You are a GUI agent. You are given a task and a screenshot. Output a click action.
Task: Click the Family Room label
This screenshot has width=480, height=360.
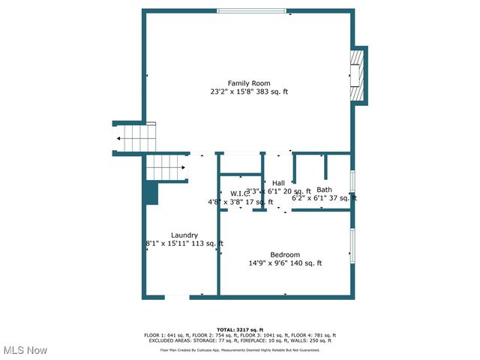(249, 83)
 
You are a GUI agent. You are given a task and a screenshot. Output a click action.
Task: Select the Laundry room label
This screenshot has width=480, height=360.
(184, 235)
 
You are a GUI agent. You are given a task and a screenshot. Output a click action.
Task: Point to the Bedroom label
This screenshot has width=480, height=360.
(285, 254)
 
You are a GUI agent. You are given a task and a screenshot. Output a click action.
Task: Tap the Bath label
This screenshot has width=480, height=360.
(324, 190)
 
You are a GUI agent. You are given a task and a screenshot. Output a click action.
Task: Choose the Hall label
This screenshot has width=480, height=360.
(278, 183)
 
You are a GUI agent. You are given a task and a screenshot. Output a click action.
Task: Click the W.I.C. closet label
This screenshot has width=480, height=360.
(240, 193)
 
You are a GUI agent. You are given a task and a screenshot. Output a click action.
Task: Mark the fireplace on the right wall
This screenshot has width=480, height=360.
(359, 75)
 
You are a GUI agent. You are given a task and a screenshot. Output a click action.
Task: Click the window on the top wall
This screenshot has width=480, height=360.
(251, 10)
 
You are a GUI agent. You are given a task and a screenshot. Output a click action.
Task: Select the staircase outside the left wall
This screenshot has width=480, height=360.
(133, 139)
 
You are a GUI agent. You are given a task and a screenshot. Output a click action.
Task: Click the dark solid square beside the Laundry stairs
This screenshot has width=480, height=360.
(151, 193)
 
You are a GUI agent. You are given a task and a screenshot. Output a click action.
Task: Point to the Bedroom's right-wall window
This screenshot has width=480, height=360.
(352, 246)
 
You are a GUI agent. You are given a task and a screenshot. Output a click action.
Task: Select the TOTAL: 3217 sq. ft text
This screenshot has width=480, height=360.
(240, 329)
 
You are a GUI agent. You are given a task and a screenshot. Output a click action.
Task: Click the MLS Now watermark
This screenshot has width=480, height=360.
(25, 350)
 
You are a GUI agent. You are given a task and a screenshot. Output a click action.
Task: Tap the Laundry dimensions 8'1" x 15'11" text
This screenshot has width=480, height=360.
(184, 244)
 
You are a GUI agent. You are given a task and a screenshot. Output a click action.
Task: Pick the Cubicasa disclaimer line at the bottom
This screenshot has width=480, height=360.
(240, 349)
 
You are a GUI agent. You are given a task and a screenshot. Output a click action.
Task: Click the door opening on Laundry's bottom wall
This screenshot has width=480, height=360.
(177, 297)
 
